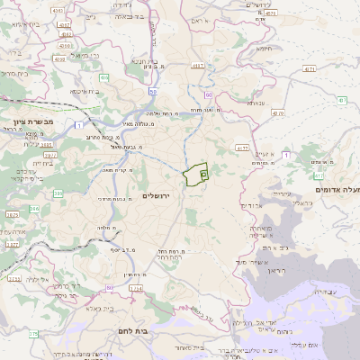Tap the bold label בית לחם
click(x=137, y=331)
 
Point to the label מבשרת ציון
click(x=34, y=120)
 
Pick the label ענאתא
click(x=256, y=103)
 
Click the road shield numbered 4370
click(x=277, y=113)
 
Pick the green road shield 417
click(x=319, y=175)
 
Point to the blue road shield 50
click(x=154, y=91)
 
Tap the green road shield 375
click(x=33, y=333)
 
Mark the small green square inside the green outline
click(x=203, y=173)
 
